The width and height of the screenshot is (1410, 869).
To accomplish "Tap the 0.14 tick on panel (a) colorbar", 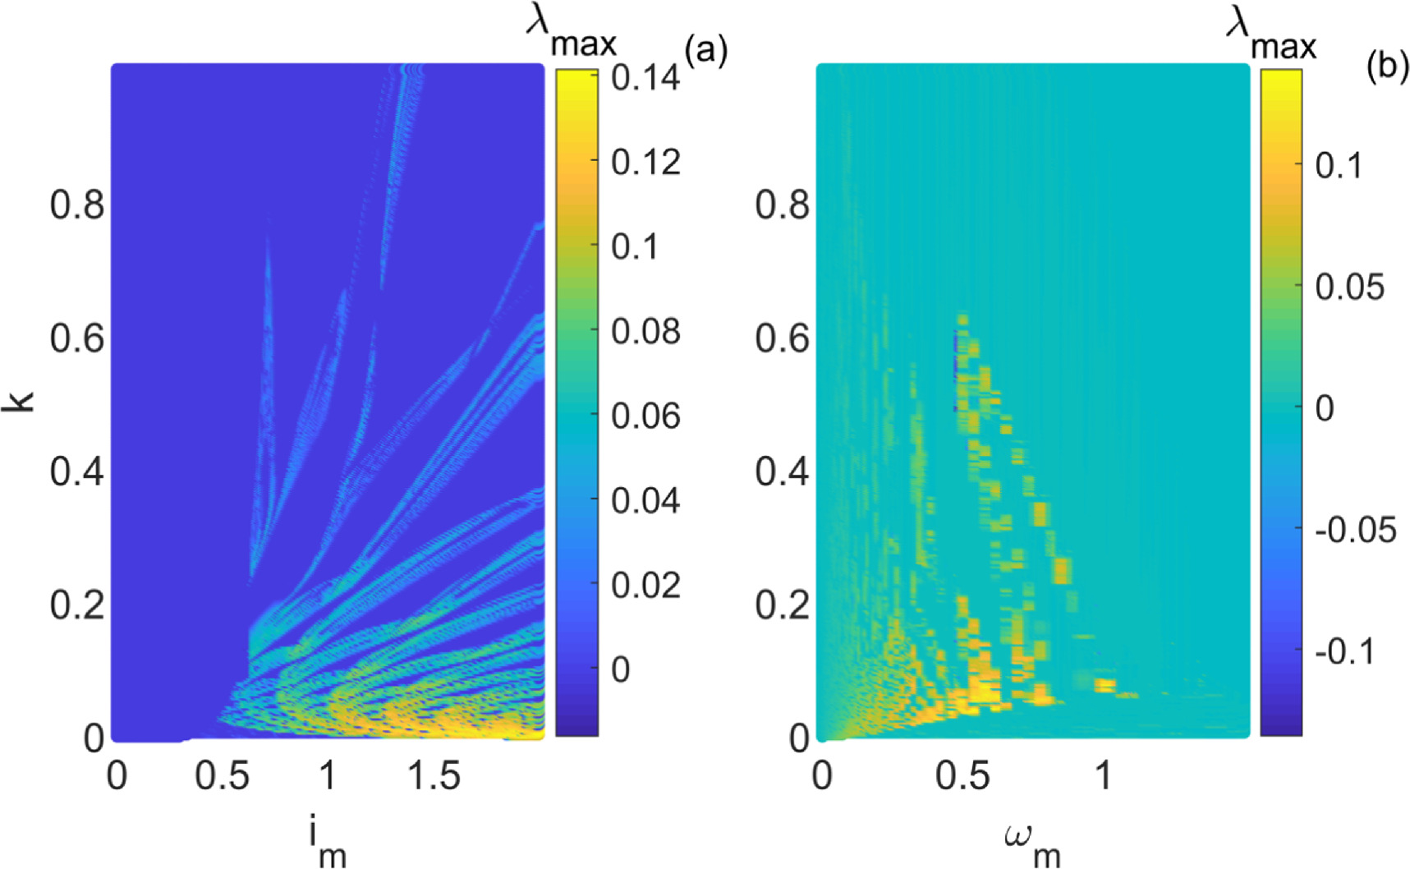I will tap(645, 78).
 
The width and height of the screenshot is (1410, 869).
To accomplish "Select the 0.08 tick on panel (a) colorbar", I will tap(645, 332).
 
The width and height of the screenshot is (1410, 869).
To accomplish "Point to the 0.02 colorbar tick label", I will tap(645, 585).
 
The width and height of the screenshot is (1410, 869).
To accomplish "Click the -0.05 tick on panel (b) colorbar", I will tap(1356, 530).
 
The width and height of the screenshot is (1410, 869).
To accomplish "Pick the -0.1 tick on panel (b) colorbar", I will tap(1344, 651).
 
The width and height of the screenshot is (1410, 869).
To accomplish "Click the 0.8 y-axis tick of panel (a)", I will tap(77, 205).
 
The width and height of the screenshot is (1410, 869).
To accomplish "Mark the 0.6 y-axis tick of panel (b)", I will tap(782, 338).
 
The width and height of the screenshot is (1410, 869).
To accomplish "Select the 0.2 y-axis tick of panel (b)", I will tap(782, 605).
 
